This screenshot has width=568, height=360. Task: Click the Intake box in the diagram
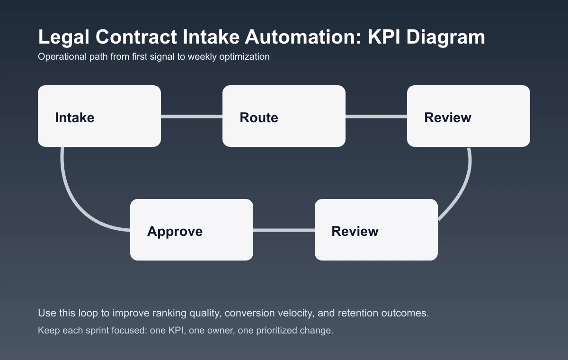click(x=99, y=116)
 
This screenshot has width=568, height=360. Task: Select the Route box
click(x=284, y=116)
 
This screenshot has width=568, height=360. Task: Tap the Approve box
click(x=192, y=230)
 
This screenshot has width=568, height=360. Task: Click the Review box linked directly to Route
click(x=469, y=116)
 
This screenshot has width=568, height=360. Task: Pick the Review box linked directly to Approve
click(x=376, y=230)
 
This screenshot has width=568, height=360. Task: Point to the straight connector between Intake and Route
click(x=192, y=117)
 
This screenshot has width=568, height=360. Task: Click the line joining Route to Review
click(x=376, y=117)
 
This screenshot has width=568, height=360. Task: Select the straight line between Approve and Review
click(x=284, y=230)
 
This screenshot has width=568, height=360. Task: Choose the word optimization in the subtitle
click(x=246, y=57)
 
